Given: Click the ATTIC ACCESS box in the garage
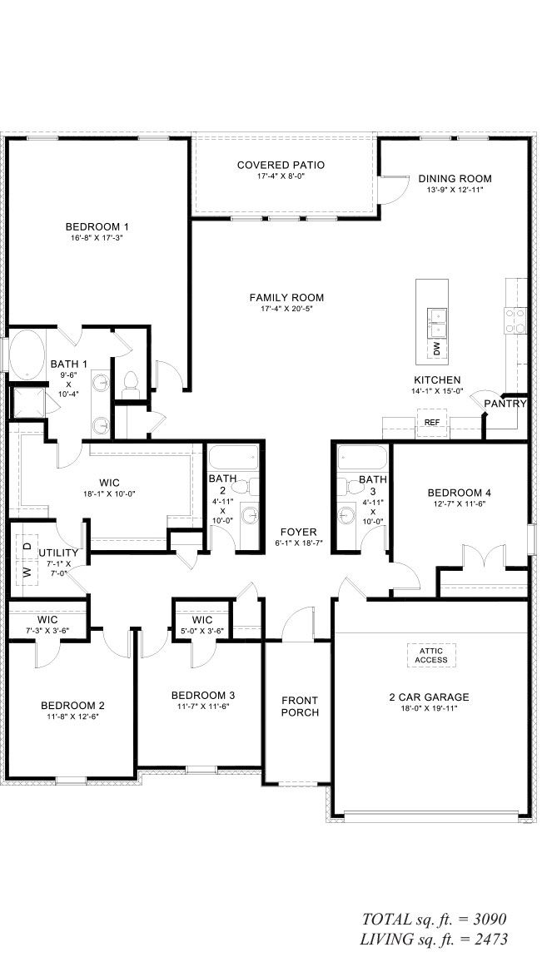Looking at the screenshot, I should [x=431, y=654].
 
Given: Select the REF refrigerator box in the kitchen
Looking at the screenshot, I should [x=431, y=423].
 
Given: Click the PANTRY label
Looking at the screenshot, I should [x=506, y=404].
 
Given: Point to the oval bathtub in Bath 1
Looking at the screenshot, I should [x=29, y=353].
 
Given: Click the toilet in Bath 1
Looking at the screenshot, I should [x=129, y=382].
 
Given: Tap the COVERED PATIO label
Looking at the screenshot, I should [x=281, y=165].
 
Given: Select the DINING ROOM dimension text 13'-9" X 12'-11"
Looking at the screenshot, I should [x=455, y=190].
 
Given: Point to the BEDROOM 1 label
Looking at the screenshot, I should [x=97, y=226].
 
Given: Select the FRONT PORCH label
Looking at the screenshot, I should [x=300, y=706].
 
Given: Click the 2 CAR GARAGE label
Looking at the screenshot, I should [x=430, y=697].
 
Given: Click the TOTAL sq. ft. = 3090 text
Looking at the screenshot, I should [x=434, y=920].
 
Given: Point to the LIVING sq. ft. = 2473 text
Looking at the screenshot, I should [x=434, y=940].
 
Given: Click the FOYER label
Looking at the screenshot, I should [x=298, y=532].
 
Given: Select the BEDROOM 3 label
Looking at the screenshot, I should [x=203, y=695].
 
